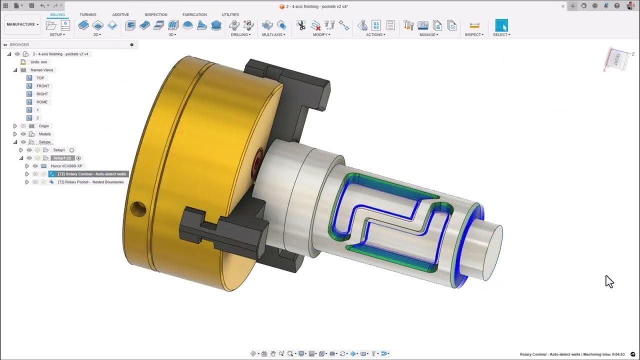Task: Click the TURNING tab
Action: tap(88, 14)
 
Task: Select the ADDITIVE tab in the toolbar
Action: tap(120, 14)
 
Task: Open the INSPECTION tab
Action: tap(156, 14)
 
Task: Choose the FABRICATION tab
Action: tap(194, 14)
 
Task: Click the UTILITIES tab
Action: tap(230, 14)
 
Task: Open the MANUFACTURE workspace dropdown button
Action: tap(22, 24)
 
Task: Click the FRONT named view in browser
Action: tap(42, 86)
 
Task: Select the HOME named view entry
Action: tap(42, 102)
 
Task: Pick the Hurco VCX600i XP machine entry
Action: tap(66, 166)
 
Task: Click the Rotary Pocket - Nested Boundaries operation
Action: tap(90, 182)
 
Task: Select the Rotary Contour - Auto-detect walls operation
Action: tap(91, 174)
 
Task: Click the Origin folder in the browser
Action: tap(43, 126)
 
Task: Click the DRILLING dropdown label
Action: tap(240, 35)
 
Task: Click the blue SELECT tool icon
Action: tap(501, 25)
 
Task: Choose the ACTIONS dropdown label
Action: tap(375, 35)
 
